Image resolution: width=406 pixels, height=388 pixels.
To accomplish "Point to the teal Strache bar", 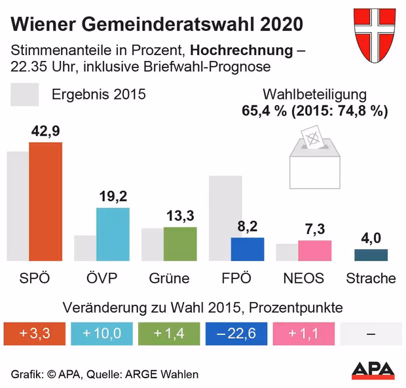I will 371,255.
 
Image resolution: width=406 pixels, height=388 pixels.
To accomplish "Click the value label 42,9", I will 46,131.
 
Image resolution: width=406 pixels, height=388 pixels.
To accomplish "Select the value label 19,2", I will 113,196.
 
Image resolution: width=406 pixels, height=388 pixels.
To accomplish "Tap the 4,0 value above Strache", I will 371,237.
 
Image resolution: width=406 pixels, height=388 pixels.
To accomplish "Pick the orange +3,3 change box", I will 35,334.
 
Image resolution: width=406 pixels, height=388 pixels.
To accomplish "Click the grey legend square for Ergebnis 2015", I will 25,94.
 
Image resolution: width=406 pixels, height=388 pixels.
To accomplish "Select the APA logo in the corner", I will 373,370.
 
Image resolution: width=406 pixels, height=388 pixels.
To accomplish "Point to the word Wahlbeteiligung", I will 314,94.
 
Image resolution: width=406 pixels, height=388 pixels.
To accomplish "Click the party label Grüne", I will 169,278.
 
